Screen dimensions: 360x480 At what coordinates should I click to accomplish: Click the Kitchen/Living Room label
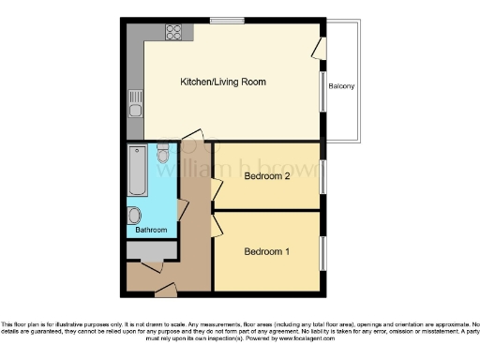(223, 82)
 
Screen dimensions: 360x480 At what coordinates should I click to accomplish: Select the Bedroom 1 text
(266, 250)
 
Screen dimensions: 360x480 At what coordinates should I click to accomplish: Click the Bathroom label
(151, 230)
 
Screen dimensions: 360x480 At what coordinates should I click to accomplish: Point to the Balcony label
(341, 87)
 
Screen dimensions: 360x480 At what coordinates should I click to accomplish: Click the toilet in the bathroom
(163, 154)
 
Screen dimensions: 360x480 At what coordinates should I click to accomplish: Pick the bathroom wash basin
(134, 214)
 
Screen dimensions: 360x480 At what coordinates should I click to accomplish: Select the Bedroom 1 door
(216, 224)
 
